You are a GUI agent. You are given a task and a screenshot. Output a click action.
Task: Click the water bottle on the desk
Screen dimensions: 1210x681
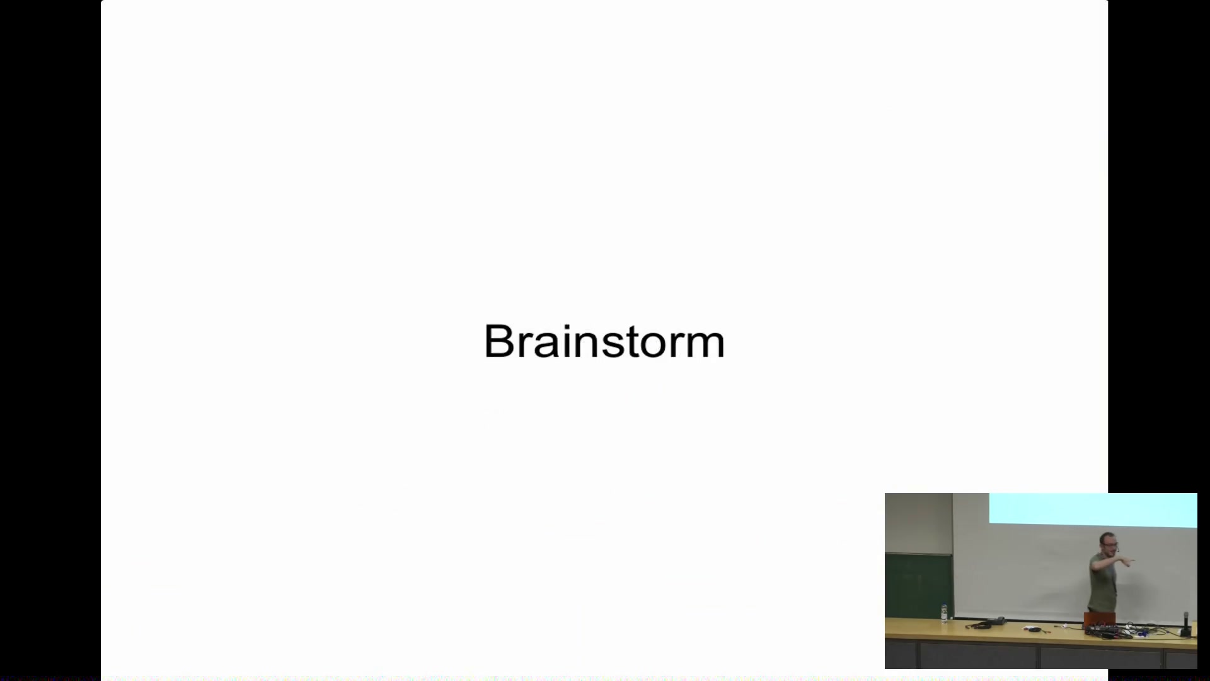coord(943,613)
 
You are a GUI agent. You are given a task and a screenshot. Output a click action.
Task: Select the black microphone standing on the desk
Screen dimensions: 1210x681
coord(1185,624)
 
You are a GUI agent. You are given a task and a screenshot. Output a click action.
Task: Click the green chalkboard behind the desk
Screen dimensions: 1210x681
coord(919,586)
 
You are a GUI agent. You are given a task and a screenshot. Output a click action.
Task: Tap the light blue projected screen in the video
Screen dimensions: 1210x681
coord(1093,509)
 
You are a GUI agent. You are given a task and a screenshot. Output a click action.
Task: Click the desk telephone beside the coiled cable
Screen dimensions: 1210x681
coord(998,622)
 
